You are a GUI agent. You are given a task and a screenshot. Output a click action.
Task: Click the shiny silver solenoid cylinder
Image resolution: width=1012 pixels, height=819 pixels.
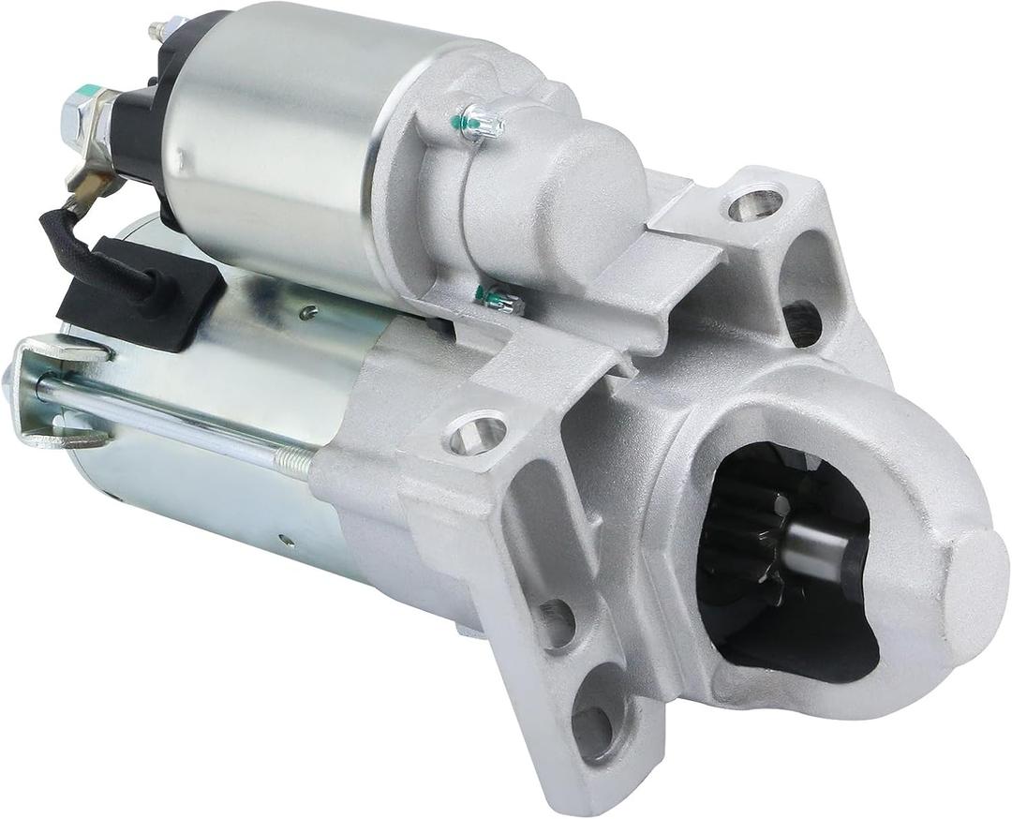pos(272,141)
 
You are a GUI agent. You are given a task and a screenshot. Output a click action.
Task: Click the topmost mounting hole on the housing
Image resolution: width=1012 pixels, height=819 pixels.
pos(755,203)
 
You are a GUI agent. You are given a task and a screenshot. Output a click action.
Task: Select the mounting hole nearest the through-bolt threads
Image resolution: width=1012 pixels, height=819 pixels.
pos(477,433)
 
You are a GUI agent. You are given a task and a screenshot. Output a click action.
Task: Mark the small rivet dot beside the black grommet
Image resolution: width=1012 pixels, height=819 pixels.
pos(306,312)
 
